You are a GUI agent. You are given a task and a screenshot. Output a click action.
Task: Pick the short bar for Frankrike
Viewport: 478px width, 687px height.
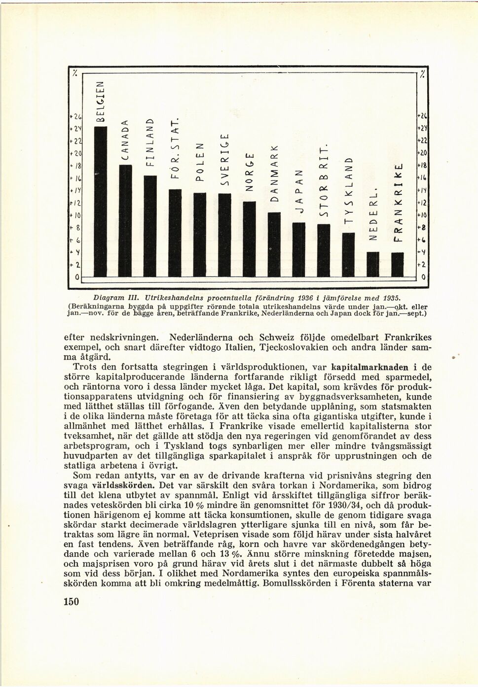click(397, 265)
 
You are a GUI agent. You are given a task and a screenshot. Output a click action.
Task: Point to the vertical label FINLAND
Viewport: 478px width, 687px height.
click(149, 142)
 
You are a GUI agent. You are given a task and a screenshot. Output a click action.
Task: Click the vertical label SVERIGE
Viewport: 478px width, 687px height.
click(224, 160)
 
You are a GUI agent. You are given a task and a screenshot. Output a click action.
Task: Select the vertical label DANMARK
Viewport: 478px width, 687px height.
click(274, 175)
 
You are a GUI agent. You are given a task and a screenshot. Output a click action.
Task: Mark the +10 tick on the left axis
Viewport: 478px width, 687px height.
click(75, 215)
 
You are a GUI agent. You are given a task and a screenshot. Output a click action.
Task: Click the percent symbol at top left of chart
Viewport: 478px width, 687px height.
click(75, 73)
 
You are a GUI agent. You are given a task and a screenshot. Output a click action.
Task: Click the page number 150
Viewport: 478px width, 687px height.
click(72, 601)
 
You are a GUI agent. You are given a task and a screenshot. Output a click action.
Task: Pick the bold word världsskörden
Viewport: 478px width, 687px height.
click(121, 485)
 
